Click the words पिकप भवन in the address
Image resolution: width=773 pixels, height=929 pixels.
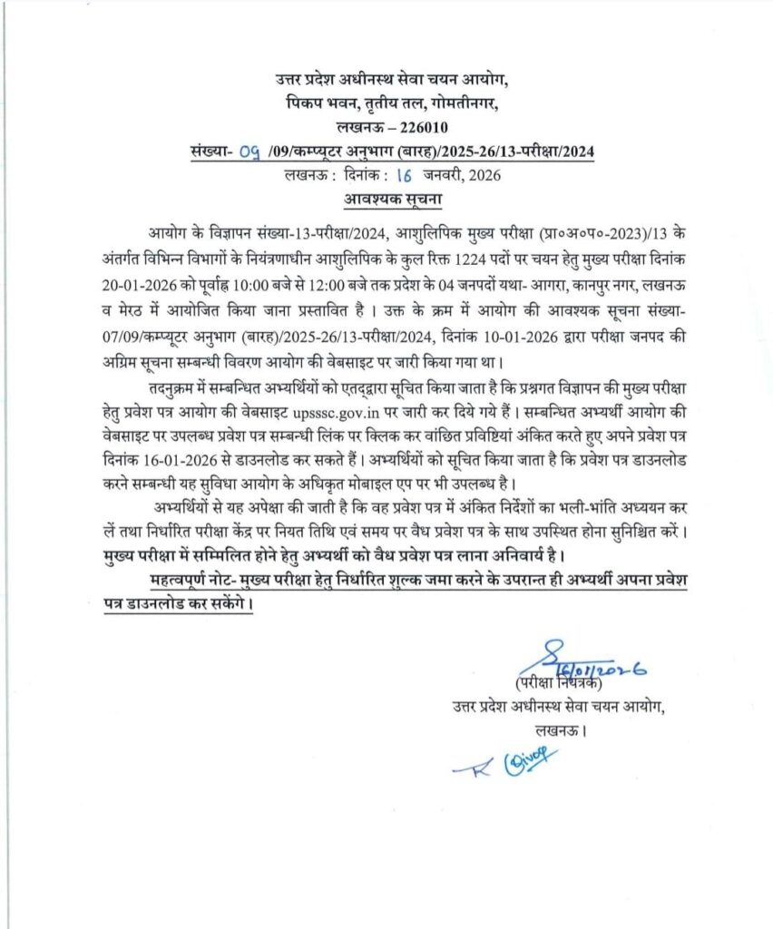point(315,103)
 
